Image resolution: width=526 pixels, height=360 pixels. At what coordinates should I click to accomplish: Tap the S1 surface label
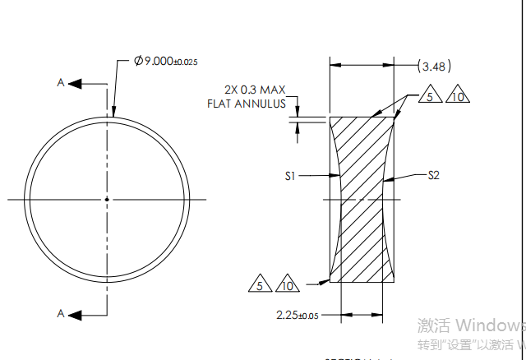290,174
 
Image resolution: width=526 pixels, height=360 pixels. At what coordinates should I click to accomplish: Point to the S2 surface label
434,175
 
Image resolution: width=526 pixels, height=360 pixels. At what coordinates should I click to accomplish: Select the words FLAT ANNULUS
247,104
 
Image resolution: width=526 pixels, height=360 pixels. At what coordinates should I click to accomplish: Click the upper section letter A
60,83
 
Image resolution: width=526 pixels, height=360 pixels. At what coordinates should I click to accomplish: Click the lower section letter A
60,313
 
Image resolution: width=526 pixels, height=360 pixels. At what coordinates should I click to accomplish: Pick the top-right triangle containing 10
458,97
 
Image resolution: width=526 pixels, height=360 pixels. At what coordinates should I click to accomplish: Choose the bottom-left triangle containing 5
260,286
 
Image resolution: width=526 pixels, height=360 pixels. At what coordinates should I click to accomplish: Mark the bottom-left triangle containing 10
287,286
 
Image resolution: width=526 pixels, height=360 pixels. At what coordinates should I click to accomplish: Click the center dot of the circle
107,199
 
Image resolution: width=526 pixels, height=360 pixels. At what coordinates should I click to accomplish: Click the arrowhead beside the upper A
76,83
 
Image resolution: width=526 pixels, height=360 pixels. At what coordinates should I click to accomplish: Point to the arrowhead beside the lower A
76,313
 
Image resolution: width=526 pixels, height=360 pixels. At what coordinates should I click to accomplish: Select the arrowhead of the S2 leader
386,178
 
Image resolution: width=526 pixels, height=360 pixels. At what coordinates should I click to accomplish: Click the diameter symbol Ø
138,62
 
